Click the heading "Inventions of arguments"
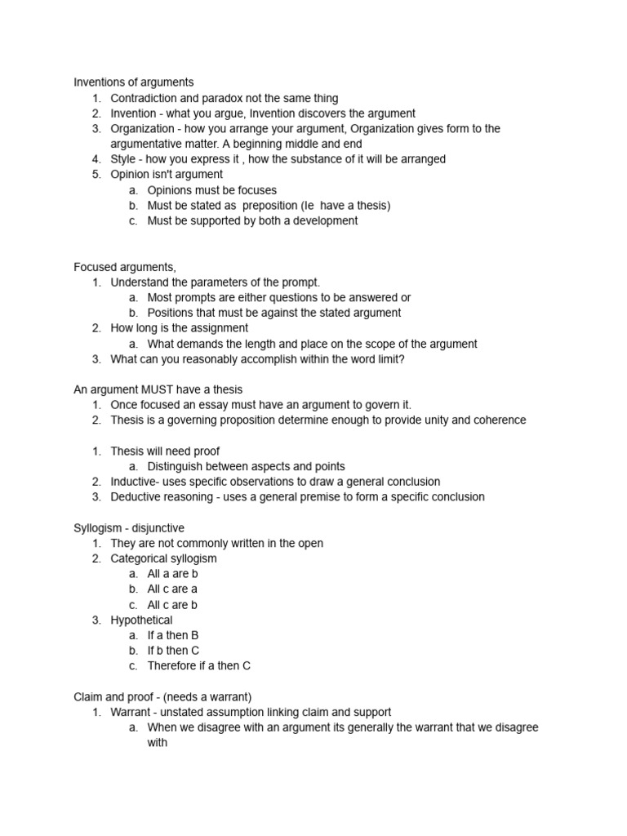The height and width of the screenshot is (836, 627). pyautogui.click(x=134, y=82)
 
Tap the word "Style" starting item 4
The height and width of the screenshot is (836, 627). pyautogui.click(x=123, y=159)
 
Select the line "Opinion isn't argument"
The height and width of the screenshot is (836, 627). pyautogui.click(x=167, y=175)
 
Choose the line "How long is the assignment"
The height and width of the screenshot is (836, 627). pyautogui.click(x=180, y=328)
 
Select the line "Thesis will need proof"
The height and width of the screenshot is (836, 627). pyautogui.click(x=165, y=451)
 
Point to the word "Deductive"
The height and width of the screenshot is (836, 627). pyautogui.click(x=136, y=496)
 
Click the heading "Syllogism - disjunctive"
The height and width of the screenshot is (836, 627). pyautogui.click(x=129, y=528)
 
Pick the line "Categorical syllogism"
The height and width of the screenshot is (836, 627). pyautogui.click(x=164, y=558)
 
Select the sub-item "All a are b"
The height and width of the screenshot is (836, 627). pyautogui.click(x=172, y=574)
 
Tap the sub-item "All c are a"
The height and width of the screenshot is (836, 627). pyautogui.click(x=172, y=589)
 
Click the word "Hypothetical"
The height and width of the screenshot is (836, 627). pyautogui.click(x=142, y=620)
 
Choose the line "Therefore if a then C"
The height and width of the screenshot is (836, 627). pyautogui.click(x=199, y=665)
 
